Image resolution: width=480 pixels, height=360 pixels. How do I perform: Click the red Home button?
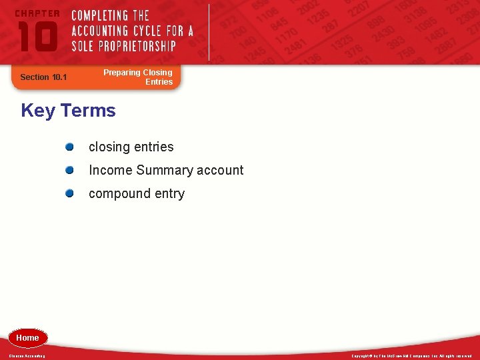[27, 338]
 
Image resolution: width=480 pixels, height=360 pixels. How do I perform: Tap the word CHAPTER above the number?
[37, 13]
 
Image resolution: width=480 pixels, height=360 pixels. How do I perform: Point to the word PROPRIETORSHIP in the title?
[139, 46]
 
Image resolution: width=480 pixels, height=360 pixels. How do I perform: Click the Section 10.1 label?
[43, 77]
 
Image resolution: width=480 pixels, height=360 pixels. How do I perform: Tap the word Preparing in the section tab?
[121, 73]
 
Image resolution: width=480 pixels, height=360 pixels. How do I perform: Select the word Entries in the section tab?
[159, 82]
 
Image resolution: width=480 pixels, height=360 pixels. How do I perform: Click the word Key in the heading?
[37, 110]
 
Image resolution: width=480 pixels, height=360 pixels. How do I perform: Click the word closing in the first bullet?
[109, 147]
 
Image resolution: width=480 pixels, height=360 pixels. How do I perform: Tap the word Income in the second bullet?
[110, 171]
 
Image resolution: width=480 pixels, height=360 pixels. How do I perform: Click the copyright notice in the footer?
[411, 356]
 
